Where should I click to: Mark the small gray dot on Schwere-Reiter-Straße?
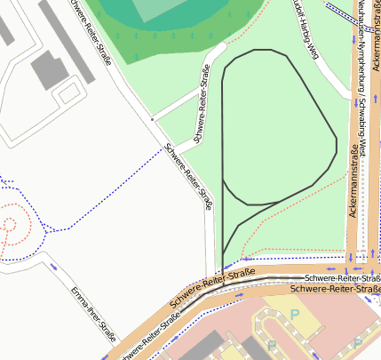(x=152, y=118)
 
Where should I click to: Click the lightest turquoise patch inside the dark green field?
(x=160, y=9)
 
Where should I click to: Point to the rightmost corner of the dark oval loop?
(x=336, y=140)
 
